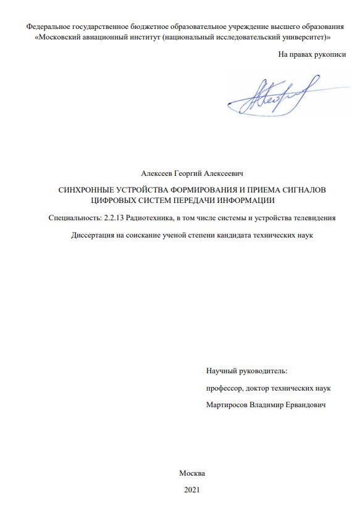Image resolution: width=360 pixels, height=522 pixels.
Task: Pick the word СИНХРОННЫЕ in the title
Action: pos(83,189)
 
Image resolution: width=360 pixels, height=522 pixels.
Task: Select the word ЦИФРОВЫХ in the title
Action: pos(111,200)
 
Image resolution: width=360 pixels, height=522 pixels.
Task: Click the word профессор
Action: pos(224,388)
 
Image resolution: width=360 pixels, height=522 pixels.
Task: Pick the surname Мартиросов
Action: pos(230,405)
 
